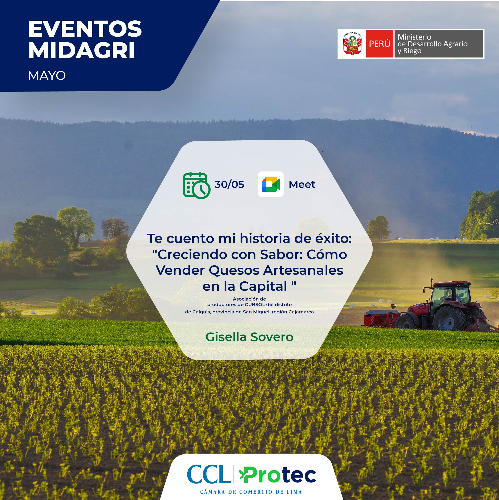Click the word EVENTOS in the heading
pyautogui.click(x=85, y=29)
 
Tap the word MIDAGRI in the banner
pyautogui.click(x=82, y=50)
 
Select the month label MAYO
pyautogui.click(x=47, y=76)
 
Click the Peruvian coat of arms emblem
pyautogui.click(x=352, y=44)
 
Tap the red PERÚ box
pyautogui.click(x=380, y=44)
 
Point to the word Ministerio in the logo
pyautogui.click(x=414, y=37)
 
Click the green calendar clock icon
pyautogui.click(x=197, y=185)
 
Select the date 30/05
pyautogui.click(x=229, y=184)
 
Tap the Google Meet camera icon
pyautogui.click(x=271, y=184)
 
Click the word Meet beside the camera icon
pyautogui.click(x=302, y=185)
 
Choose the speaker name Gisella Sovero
pyautogui.click(x=249, y=337)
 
